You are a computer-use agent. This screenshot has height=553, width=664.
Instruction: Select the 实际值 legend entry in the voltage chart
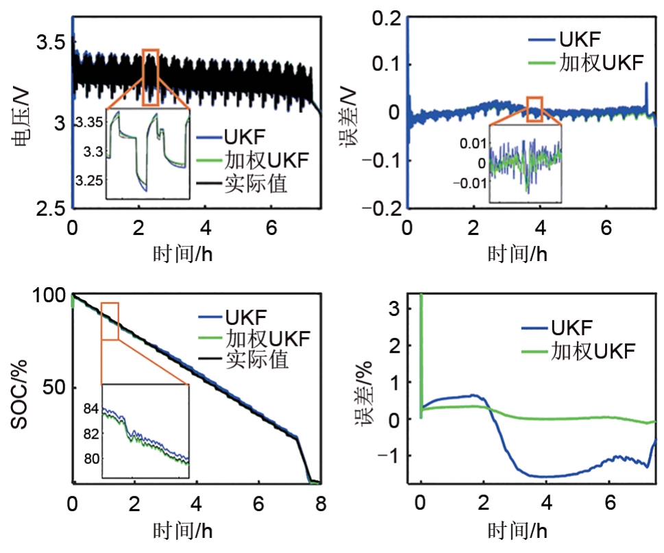(254, 184)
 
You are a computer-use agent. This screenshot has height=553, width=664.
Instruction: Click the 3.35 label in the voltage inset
(90, 123)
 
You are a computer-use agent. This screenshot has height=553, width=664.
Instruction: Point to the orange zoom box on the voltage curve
(151, 77)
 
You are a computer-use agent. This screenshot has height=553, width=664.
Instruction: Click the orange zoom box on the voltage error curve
(534, 110)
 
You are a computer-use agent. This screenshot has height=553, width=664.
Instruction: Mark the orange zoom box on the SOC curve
(110, 321)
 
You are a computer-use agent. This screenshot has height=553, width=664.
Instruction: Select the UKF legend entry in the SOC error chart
(573, 326)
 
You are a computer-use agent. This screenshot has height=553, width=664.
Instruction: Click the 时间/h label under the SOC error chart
(517, 530)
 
